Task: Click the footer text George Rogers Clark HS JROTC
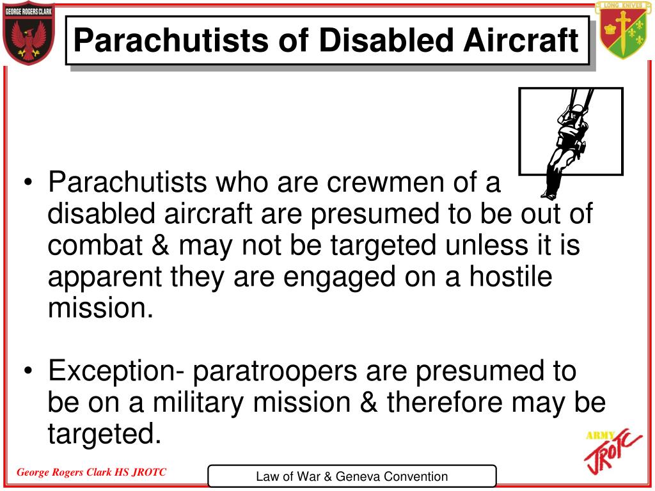(91, 472)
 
